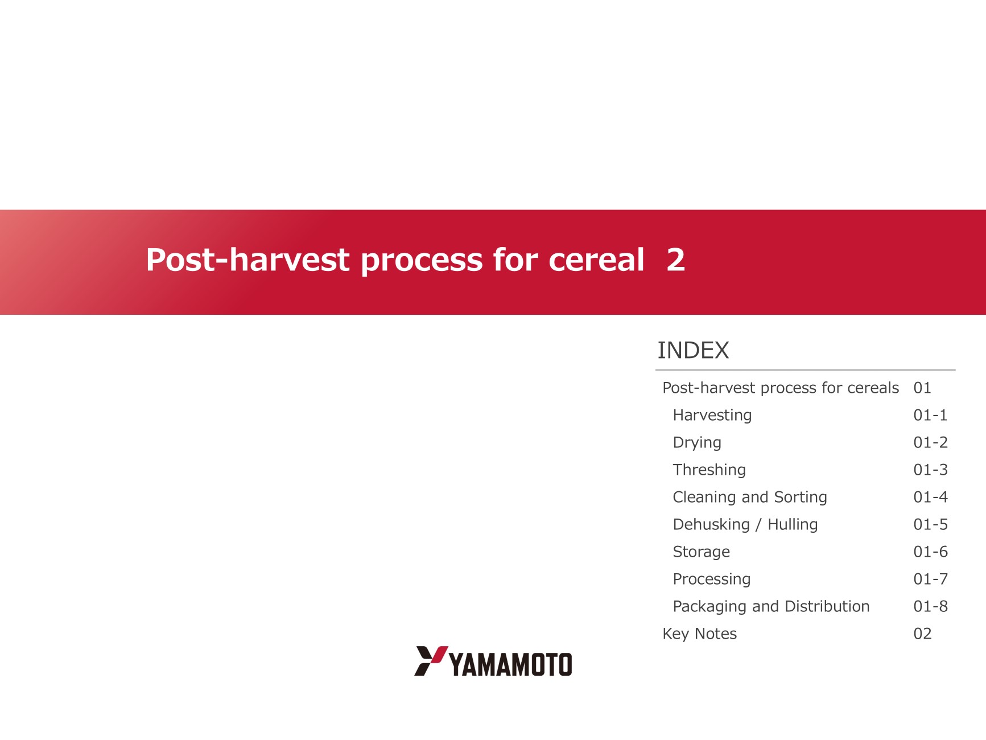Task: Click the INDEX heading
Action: point(693,351)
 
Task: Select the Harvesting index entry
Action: point(712,416)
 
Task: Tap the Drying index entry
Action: point(697,443)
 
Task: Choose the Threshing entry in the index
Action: point(709,470)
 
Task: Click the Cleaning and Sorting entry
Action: point(750,497)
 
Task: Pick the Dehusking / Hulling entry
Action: point(745,524)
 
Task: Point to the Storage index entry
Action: point(702,552)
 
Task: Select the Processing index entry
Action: point(712,579)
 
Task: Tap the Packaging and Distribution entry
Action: point(771,606)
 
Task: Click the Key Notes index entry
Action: point(700,634)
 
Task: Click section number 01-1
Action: point(931,416)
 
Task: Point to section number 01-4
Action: point(931,498)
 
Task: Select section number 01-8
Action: point(931,607)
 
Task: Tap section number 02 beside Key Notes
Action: point(923,634)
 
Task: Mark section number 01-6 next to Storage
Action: point(931,552)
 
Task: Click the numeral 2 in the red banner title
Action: point(676,260)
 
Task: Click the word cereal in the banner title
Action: point(596,260)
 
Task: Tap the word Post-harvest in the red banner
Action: point(247,260)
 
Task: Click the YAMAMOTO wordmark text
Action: point(511,664)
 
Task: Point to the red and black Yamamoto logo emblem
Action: point(431,661)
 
